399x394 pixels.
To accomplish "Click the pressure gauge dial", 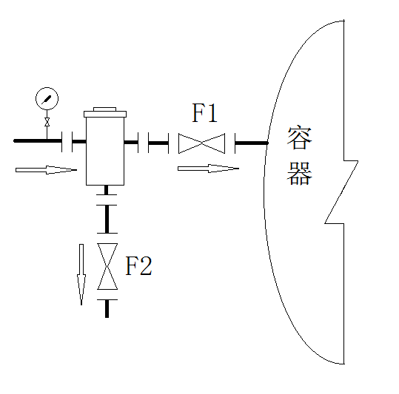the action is (x=47, y=98).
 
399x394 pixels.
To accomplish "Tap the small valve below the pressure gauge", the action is (x=47, y=122).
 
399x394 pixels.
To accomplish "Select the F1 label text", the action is (x=204, y=113).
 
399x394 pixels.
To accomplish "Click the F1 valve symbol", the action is (x=201, y=143).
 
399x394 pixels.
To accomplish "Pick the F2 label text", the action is (x=139, y=265).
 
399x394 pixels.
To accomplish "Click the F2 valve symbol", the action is (x=107, y=266).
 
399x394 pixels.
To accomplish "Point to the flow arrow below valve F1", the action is (x=208, y=169).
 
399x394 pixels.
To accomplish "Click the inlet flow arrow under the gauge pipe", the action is (x=46, y=170).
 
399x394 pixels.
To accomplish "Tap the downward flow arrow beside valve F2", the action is (x=81, y=274).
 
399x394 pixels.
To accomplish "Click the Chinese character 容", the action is (x=300, y=137).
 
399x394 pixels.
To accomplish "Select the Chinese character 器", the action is (x=300, y=173).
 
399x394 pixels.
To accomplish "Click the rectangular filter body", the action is (x=105, y=151).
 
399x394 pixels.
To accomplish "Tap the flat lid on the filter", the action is (x=105, y=114).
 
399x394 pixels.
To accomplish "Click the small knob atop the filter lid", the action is (x=105, y=109).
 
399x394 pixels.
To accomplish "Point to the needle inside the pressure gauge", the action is (x=47, y=99).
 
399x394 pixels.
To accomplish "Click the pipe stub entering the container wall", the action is (x=252, y=143).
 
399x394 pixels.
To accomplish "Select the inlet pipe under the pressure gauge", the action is (x=38, y=140).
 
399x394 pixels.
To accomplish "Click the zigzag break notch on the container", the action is (x=341, y=192).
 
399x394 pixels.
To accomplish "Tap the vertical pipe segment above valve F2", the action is (x=107, y=219).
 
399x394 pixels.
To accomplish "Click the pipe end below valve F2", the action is (x=107, y=309).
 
